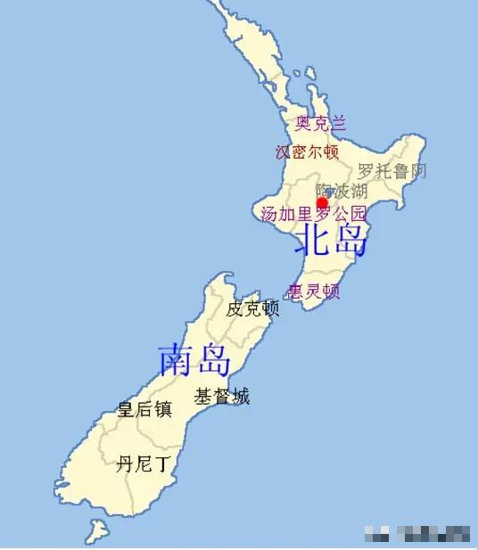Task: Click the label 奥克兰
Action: pos(320,123)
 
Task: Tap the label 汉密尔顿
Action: pos(308,152)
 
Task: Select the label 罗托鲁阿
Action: pos(392,171)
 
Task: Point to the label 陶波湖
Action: pos(342,192)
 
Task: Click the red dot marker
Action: pos(323,203)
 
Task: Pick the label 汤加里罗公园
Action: pos(313,214)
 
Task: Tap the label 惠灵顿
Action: pos(314,291)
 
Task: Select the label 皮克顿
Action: pos(252,309)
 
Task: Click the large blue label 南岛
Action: pos(194,359)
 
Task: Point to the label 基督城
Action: pos(222,397)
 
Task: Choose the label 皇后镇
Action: pos(144,410)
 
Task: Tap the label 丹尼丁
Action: pos(143,464)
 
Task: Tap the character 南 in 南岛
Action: pos(176,359)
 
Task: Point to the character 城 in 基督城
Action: pos(241,397)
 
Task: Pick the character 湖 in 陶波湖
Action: pos(358,192)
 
